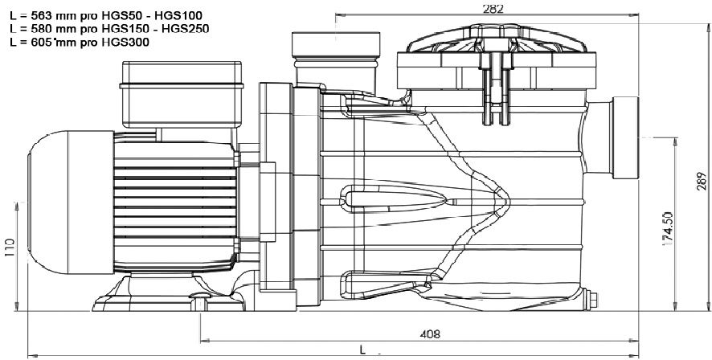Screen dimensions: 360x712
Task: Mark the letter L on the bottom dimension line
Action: click(363, 351)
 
